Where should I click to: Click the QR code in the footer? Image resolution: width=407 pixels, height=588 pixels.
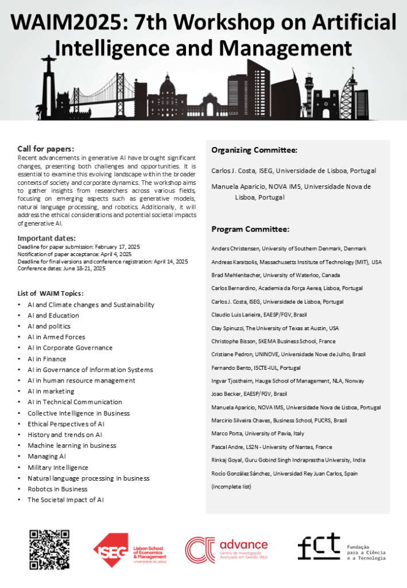[49, 550]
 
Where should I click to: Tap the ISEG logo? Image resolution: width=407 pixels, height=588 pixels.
[130, 550]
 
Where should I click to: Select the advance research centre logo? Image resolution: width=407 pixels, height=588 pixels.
[226, 550]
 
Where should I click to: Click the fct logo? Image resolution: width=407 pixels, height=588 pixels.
[342, 548]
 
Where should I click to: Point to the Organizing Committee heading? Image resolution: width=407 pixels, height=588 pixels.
[254, 150]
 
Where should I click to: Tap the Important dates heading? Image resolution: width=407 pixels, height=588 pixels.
[46, 238]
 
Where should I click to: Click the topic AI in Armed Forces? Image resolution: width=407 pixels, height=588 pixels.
[56, 337]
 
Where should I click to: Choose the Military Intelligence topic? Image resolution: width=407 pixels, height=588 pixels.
[58, 467]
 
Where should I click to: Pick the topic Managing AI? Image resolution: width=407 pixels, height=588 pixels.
[47, 457]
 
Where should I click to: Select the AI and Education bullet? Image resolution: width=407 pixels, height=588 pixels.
[53, 315]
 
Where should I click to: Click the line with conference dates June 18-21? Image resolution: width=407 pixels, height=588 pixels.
[61, 268]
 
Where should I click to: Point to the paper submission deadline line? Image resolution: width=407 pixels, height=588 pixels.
[79, 246]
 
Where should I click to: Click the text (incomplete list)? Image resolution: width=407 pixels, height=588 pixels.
[231, 486]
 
